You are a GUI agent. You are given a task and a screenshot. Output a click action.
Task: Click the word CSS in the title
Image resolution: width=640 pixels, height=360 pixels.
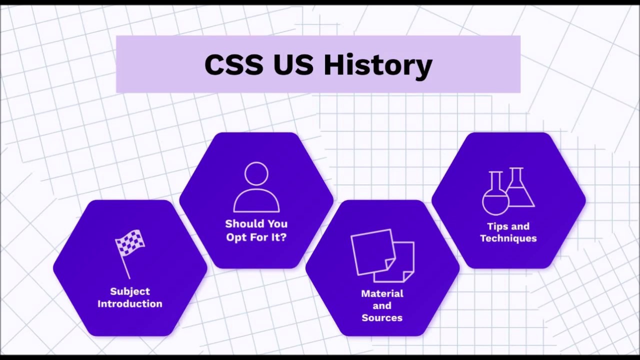point(233,65)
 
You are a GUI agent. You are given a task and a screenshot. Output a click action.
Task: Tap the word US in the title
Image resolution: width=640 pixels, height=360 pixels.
point(293,65)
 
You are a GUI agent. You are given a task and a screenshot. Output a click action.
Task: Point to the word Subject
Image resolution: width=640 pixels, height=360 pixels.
point(130,291)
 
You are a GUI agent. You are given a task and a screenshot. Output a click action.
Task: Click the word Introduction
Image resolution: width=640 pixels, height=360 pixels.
point(130,303)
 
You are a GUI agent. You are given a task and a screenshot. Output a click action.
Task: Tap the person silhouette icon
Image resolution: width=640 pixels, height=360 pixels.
point(256,187)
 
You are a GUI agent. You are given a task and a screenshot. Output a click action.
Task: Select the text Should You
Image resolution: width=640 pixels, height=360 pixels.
point(256,223)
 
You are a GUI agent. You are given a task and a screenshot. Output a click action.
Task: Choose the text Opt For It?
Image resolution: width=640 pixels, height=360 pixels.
point(256,237)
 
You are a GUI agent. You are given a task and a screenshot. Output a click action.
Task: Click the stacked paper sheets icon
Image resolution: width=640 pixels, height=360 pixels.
point(382,255)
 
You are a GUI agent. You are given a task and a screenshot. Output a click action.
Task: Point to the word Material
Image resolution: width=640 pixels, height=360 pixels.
point(382,293)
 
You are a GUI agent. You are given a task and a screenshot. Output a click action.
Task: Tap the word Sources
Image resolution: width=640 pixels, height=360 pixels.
point(382,317)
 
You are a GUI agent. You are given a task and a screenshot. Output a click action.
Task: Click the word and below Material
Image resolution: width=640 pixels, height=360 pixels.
point(382,305)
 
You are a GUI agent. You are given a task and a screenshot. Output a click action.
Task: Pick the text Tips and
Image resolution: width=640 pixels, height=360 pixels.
point(508,226)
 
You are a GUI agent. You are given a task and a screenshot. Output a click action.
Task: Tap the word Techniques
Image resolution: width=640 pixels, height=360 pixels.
point(508,238)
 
